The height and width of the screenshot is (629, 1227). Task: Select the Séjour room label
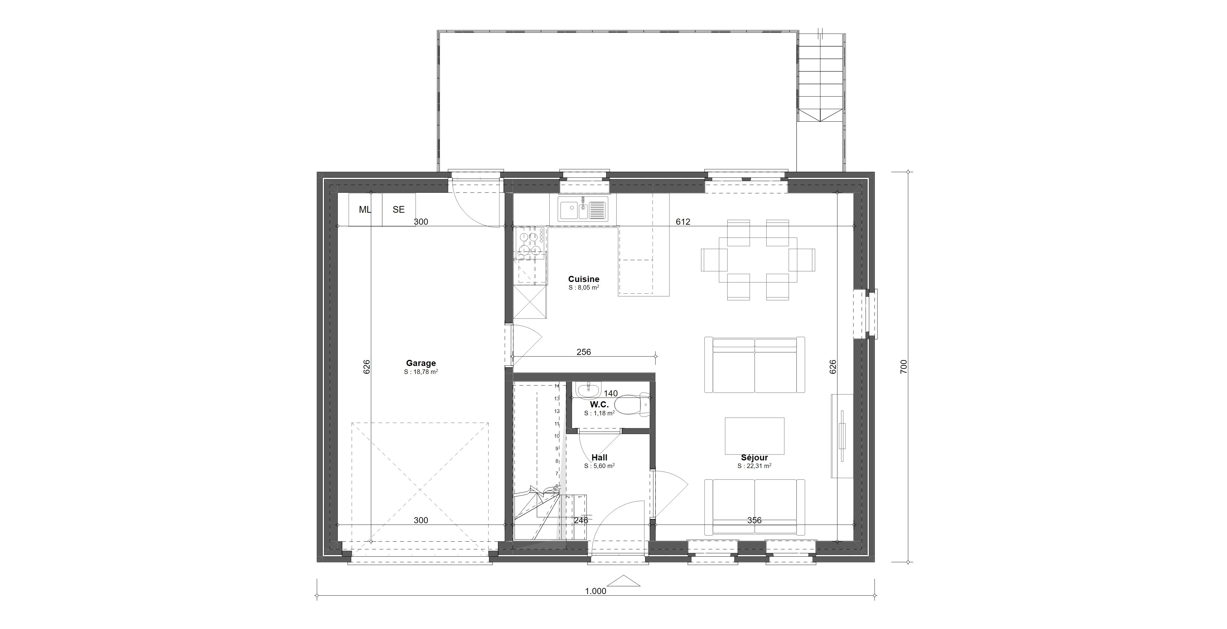755,458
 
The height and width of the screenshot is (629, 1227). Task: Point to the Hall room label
599,458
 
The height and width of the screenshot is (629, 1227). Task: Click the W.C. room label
599,404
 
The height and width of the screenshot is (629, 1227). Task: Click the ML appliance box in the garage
365,209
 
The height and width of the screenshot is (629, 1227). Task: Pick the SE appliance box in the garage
399,209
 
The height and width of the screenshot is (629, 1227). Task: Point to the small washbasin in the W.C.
588,390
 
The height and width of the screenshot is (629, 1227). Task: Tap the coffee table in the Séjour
755,436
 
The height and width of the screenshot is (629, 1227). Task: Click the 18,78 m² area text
421,372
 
